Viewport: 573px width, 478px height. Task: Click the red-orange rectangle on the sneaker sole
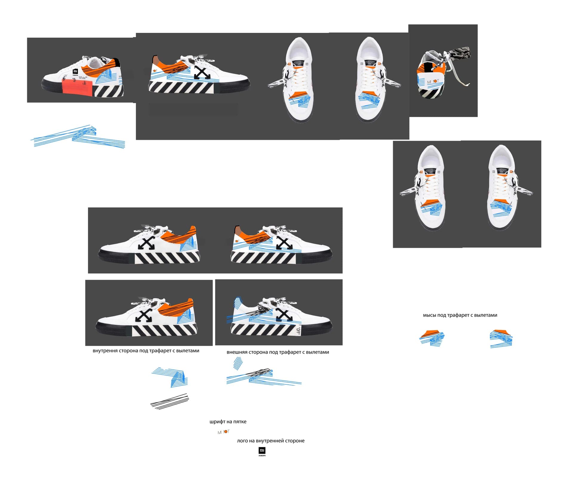pos(76,87)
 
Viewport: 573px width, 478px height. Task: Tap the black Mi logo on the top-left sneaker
pos(75,72)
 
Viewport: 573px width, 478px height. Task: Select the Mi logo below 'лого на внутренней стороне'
pos(262,451)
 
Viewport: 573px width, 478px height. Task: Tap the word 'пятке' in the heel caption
pos(240,422)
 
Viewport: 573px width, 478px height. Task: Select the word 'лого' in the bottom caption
pos(242,441)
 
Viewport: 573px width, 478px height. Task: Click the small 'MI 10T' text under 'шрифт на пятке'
pos(224,432)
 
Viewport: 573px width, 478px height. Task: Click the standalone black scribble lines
pos(170,401)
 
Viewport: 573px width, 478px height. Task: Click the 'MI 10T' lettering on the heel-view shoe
pos(433,82)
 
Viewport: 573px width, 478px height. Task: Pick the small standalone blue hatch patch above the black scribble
pos(238,363)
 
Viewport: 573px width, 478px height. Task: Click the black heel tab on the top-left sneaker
pos(116,63)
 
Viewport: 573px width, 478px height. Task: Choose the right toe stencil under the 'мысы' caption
pos(501,338)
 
